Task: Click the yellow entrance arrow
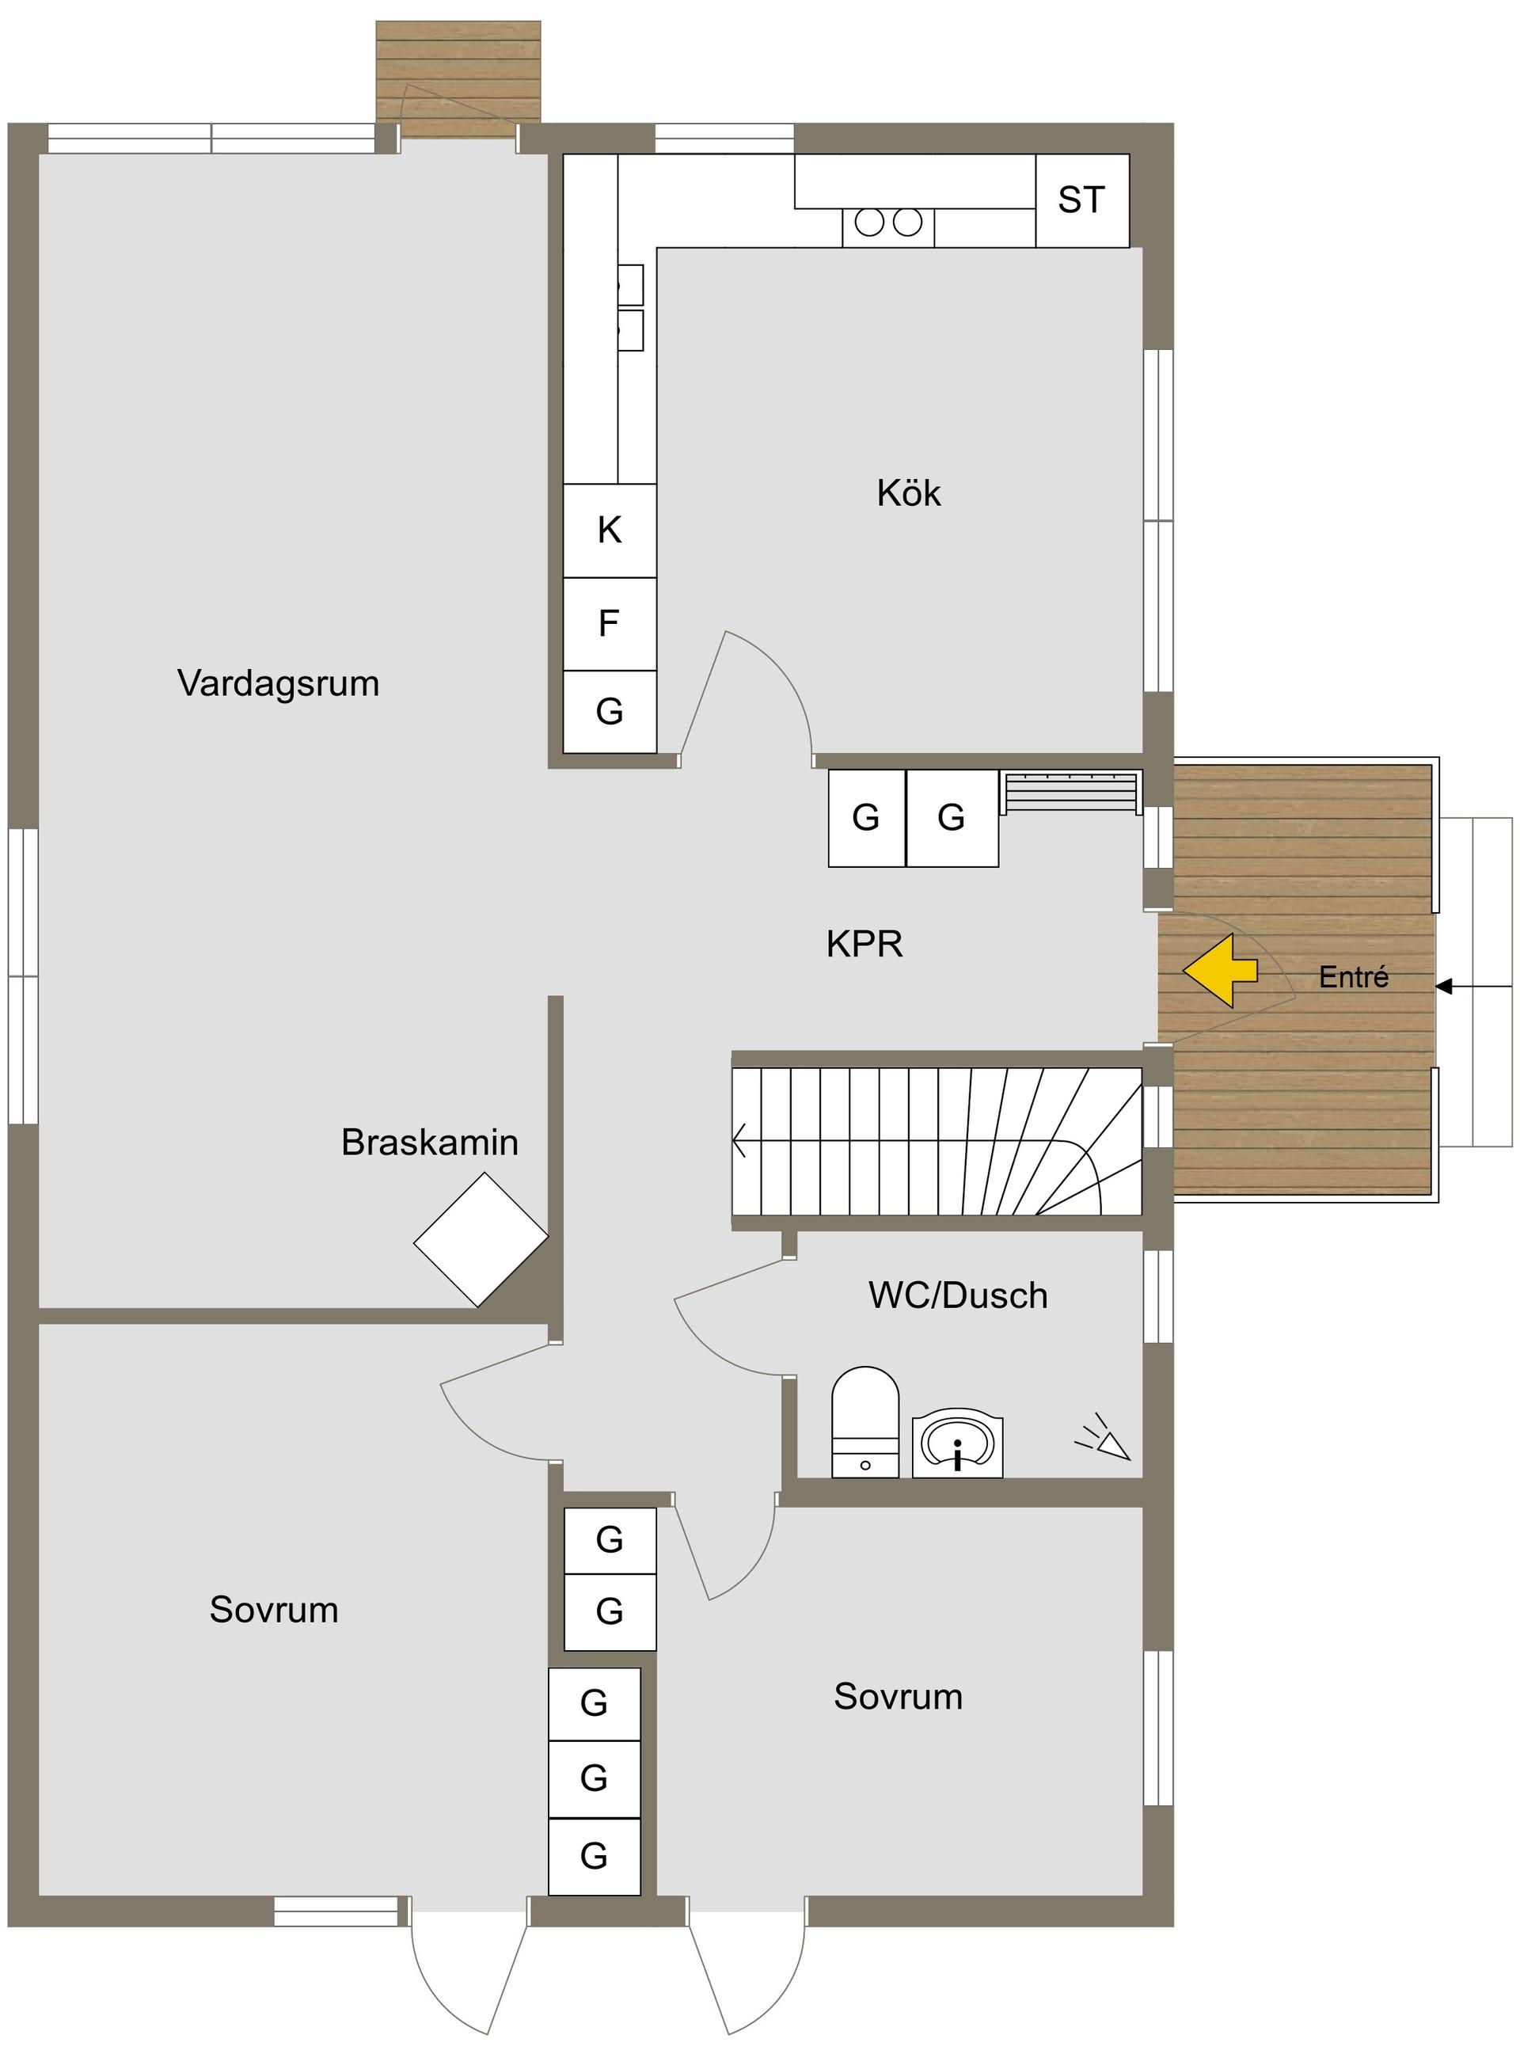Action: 1219,971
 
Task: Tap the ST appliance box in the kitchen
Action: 1082,200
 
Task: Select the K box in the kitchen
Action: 609,530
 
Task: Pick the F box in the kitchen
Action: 609,624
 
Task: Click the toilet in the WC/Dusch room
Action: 864,1421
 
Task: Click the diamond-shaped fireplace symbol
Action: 481,1239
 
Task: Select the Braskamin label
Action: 430,1142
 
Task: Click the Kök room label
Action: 909,493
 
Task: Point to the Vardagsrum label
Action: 279,683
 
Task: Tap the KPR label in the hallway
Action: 864,944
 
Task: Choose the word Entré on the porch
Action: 1354,976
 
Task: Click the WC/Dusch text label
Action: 958,1295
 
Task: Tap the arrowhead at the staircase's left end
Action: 739,1141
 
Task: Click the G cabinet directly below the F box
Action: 609,711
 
